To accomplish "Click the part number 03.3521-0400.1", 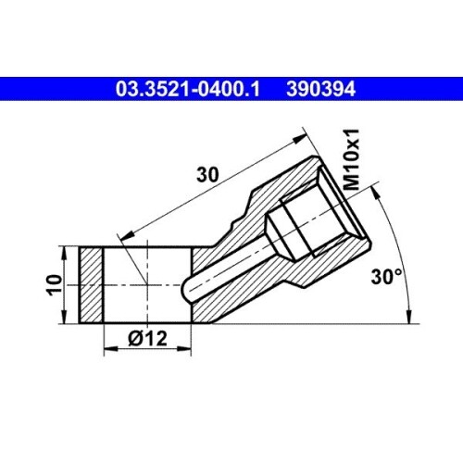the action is point(188,89).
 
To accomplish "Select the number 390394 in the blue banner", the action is point(321,89).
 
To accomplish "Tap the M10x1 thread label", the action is point(352,159).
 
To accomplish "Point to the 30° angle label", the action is point(387,277).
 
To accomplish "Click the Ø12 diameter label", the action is point(147,338).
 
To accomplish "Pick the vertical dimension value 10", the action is point(56,285).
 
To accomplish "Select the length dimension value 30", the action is point(207,175).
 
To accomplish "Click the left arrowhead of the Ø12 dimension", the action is point(110,349).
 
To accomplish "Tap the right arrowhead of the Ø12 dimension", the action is point(184,349).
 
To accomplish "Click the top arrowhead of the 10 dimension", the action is point(64,253).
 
